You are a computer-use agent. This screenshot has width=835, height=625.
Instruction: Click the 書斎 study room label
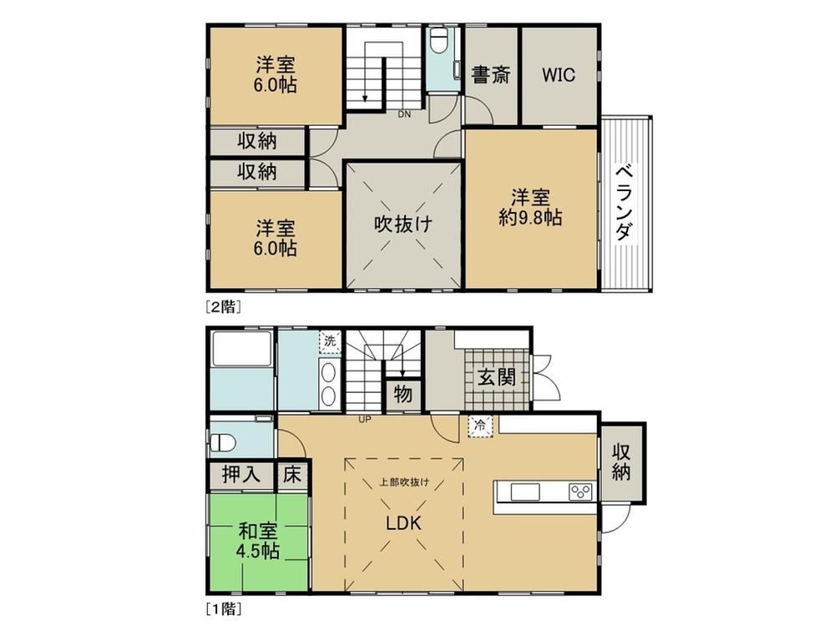tap(491, 74)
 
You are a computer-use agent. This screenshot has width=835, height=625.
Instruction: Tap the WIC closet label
tap(559, 74)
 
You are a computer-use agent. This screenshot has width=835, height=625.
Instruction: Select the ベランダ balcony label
tap(625, 203)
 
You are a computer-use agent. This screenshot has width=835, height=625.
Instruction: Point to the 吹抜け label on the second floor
tap(402, 224)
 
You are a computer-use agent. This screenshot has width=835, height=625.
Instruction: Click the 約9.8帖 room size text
tap(530, 217)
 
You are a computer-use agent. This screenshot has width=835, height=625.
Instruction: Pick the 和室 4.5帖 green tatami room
tap(258, 542)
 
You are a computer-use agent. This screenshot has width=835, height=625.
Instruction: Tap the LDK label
tap(403, 523)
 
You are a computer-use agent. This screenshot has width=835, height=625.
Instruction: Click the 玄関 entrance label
tap(496, 377)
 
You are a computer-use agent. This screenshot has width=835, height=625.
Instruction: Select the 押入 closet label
tap(240, 474)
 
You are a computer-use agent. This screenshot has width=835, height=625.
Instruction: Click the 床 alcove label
tap(291, 474)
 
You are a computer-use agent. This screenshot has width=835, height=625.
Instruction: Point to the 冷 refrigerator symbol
tap(480, 426)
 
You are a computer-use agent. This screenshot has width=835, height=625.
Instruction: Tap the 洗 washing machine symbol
tap(330, 340)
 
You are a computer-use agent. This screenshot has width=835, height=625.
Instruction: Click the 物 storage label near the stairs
tap(403, 395)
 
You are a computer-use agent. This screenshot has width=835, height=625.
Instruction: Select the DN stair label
tap(404, 114)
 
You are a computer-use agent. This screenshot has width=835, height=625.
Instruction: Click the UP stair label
tap(365, 420)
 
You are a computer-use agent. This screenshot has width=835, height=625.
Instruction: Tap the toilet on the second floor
tap(439, 40)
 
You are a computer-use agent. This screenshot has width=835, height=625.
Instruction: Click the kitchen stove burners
tap(580, 492)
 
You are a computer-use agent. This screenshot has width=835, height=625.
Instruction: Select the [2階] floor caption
tap(224, 307)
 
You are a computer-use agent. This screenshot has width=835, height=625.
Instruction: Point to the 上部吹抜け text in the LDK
tap(403, 483)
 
